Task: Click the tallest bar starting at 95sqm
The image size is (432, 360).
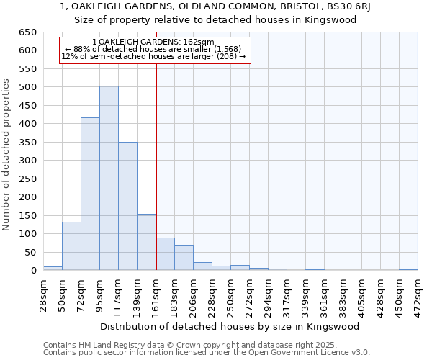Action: pos(109,178)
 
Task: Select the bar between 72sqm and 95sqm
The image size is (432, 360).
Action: pos(90,194)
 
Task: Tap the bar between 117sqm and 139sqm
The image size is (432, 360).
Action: pos(127,206)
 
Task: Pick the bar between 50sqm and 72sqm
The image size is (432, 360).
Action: pos(71,246)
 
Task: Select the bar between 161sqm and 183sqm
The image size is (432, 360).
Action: pos(165,254)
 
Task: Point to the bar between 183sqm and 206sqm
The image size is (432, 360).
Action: pos(184,258)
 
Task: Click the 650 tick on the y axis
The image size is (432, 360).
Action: pos(28,32)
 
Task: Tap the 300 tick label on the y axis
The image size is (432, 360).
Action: pos(28,161)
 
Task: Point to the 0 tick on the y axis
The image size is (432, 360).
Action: pos(33,271)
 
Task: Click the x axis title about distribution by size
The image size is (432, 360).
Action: pos(230,326)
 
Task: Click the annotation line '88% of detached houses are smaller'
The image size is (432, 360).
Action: pos(155,49)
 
